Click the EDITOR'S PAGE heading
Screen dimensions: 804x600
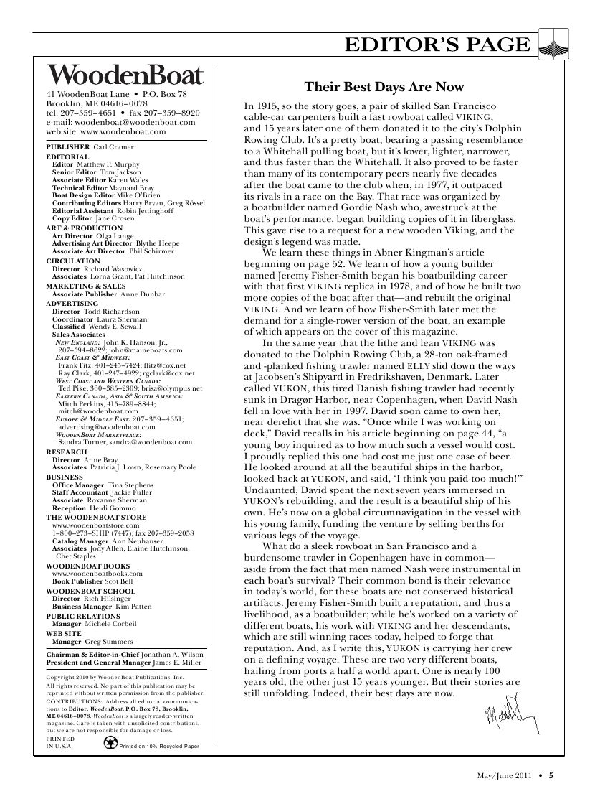[x=438, y=46]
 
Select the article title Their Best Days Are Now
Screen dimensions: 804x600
[x=384, y=88]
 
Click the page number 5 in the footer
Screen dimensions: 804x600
[x=551, y=775]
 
